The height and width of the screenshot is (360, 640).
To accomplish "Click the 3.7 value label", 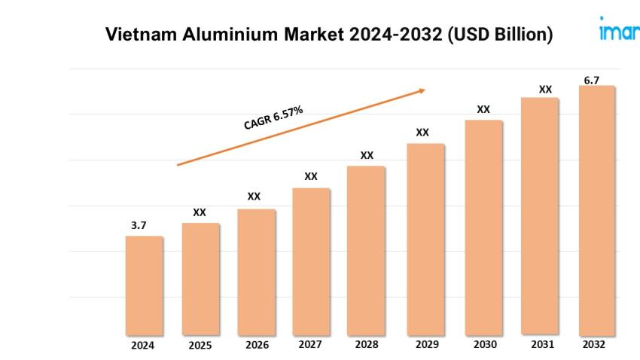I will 138,225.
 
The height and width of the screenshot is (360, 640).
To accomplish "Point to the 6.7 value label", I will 592,80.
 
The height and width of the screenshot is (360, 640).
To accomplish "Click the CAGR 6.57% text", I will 273,118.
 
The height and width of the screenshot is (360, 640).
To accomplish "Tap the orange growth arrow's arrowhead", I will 421,91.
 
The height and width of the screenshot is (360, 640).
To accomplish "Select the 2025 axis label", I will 200,346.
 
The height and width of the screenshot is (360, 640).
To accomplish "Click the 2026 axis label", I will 256,346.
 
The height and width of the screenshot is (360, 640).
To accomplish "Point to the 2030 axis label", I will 485,345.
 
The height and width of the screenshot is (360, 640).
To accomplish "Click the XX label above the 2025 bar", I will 200,212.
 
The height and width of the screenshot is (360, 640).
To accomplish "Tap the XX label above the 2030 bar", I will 483,109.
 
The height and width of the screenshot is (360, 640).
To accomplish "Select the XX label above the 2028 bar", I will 367,155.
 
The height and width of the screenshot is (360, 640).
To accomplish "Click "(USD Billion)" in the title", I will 500,35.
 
